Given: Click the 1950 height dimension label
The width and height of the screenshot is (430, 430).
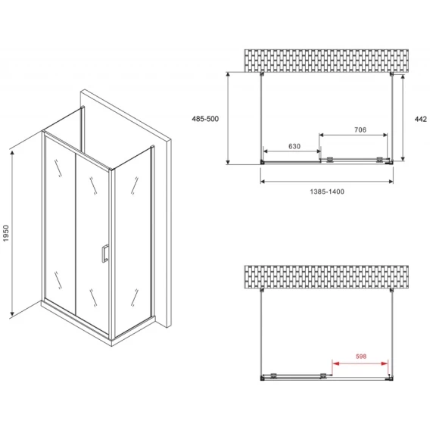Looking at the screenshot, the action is (6, 233).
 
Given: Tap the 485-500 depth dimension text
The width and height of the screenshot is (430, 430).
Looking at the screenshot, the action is (205, 119).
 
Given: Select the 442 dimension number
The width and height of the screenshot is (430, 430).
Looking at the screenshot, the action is (421, 119).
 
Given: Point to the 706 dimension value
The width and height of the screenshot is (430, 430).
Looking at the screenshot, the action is (360, 129).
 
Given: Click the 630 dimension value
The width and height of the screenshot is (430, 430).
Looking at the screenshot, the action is (294, 146).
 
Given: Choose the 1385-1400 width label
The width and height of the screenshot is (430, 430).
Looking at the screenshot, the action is (327, 192).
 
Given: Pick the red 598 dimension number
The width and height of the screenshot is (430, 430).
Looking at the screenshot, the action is (361, 357).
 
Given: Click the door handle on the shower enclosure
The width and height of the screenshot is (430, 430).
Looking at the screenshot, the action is (105, 253).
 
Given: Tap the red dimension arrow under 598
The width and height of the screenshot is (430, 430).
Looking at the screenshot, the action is (360, 363).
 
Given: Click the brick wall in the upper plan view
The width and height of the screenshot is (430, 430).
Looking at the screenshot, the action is (326, 61).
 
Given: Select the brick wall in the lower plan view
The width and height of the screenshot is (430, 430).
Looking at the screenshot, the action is (326, 277).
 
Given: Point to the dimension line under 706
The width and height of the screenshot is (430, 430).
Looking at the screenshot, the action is (354, 135).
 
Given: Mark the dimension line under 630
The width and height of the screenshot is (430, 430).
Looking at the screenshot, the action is (291, 151).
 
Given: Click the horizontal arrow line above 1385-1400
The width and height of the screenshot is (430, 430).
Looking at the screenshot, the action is (326, 181).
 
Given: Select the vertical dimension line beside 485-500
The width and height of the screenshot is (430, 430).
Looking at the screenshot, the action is (228, 118).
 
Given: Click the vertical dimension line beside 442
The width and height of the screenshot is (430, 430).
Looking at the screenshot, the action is (403, 118).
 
